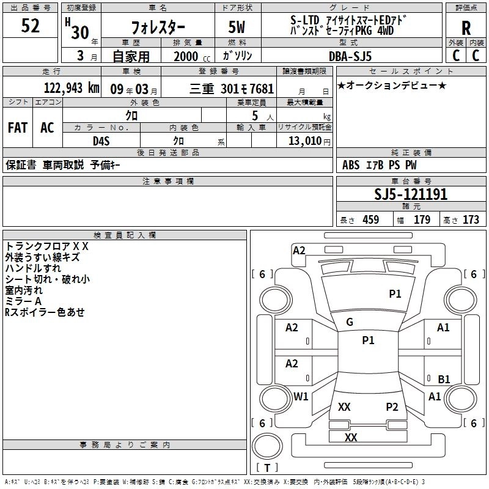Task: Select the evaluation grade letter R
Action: pyautogui.click(x=466, y=28)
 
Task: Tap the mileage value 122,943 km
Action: pyautogui.click(x=72, y=88)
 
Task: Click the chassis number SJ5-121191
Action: pyautogui.click(x=411, y=194)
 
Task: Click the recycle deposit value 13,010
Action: pyautogui.click(x=303, y=141)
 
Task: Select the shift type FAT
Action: pyautogui.click(x=17, y=128)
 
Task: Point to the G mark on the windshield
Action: pyautogui.click(x=350, y=322)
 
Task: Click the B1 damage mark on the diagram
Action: pyautogui.click(x=444, y=379)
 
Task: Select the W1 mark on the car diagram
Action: pyautogui.click(x=301, y=396)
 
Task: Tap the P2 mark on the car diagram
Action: pyautogui.click(x=392, y=406)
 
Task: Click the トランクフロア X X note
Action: pyautogui.click(x=46, y=246)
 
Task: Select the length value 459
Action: pyautogui.click(x=370, y=220)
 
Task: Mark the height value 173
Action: pyautogui.click(x=471, y=220)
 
